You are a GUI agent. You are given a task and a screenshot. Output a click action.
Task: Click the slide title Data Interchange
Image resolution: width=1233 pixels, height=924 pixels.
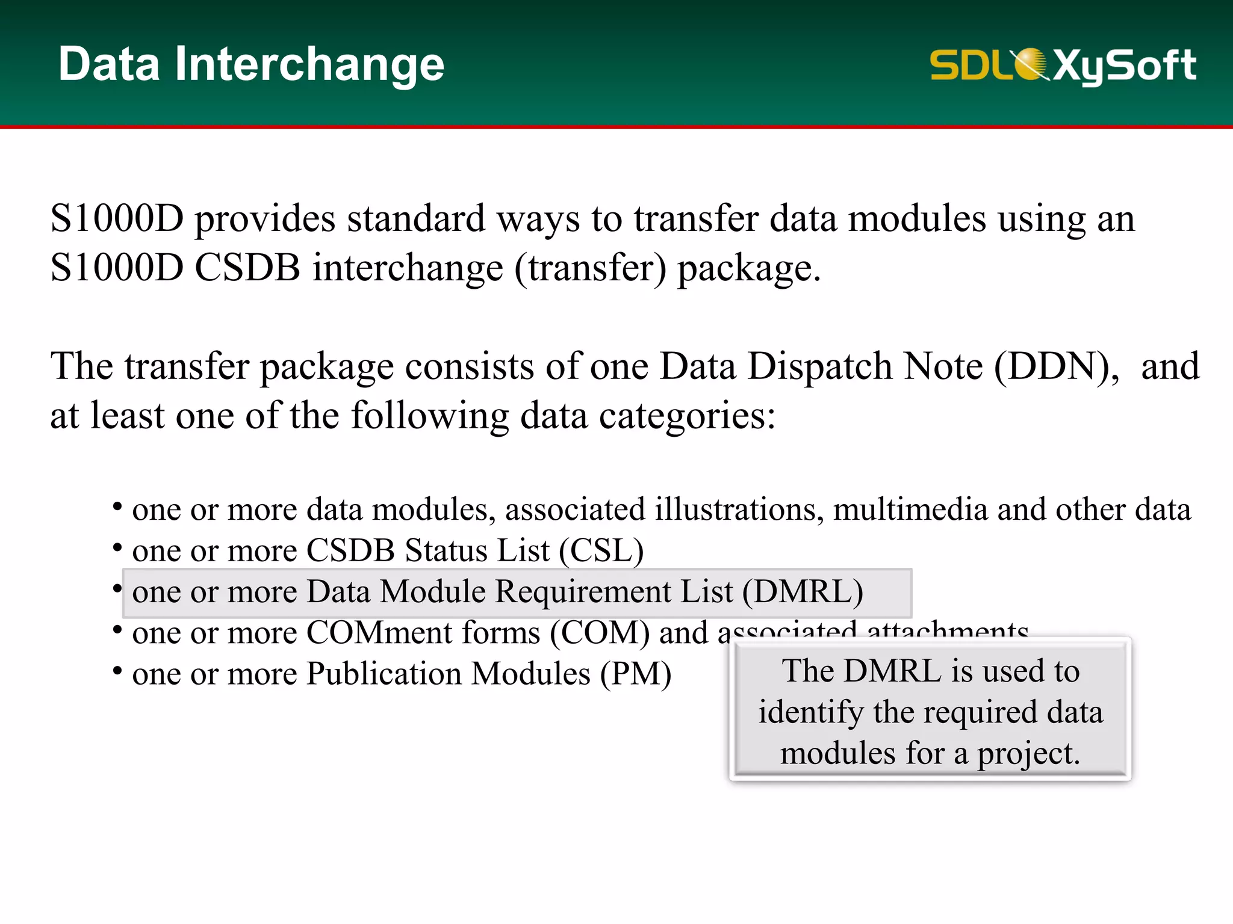point(251,64)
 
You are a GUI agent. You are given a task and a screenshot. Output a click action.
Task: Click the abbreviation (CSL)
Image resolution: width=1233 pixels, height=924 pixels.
point(601,550)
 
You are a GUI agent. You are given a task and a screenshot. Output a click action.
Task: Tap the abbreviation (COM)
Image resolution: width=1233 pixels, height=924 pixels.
point(600,633)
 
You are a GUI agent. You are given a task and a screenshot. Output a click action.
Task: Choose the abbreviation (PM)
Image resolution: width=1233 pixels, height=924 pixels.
point(635,674)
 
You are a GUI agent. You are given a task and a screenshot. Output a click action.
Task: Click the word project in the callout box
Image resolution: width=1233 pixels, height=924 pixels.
point(1028,754)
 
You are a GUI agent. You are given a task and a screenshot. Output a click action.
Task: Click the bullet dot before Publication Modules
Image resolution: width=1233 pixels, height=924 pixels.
point(117,670)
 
